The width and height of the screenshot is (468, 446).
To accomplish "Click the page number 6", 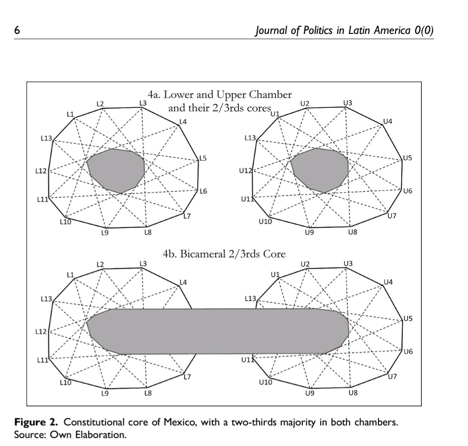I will pyautogui.click(x=17, y=30).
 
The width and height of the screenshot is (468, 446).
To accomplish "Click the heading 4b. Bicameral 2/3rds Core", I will pyautogui.click(x=224, y=254).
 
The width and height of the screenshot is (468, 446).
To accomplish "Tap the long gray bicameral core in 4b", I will pyautogui.click(x=217, y=331).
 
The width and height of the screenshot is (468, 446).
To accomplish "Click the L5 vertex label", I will pyautogui.click(x=203, y=158).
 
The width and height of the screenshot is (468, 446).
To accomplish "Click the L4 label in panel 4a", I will pyautogui.click(x=183, y=122).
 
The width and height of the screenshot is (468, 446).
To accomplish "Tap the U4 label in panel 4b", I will pyautogui.click(x=388, y=283).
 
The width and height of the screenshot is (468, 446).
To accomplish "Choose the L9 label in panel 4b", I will pyautogui.click(x=104, y=394).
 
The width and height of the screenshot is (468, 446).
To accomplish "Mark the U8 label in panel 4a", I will pyautogui.click(x=352, y=233).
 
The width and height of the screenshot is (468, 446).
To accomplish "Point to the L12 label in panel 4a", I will pyautogui.click(x=40, y=171).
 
